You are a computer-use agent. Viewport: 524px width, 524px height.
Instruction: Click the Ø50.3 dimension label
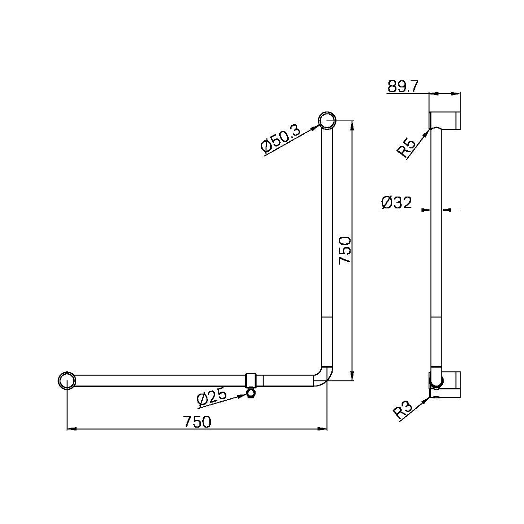click(280, 138)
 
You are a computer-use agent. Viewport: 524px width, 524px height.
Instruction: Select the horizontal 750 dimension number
click(197, 421)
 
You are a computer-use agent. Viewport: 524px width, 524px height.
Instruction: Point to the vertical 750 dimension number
click(345, 250)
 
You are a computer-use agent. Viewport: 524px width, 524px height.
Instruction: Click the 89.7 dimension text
click(403, 86)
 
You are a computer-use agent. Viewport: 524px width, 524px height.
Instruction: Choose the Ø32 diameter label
click(396, 203)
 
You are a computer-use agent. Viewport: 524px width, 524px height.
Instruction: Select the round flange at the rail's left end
click(68, 380)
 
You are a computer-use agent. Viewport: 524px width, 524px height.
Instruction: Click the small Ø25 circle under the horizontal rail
click(251, 393)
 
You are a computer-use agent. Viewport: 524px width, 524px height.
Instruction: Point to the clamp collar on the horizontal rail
click(251, 380)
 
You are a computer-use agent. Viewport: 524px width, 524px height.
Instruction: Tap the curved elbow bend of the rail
click(324, 376)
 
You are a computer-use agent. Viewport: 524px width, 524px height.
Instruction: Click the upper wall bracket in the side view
click(445, 120)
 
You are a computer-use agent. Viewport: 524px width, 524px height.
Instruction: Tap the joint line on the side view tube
click(437, 318)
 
